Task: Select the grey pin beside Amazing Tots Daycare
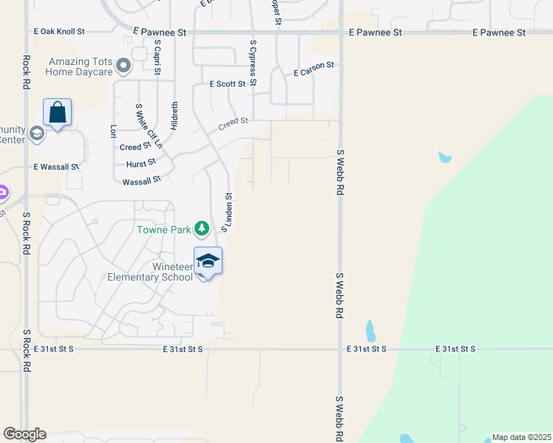click(x=124, y=66)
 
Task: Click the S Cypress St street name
click(x=253, y=63)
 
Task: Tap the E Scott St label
click(x=228, y=84)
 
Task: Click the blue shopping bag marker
click(x=57, y=113)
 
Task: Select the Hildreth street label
click(x=174, y=116)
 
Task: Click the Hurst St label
click(x=140, y=163)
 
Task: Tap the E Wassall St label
click(x=56, y=168)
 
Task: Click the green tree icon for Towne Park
click(x=202, y=229)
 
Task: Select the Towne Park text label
click(x=163, y=230)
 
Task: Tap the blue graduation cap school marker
click(x=208, y=261)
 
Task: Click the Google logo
click(x=24, y=434)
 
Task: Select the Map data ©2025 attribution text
click(x=521, y=437)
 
